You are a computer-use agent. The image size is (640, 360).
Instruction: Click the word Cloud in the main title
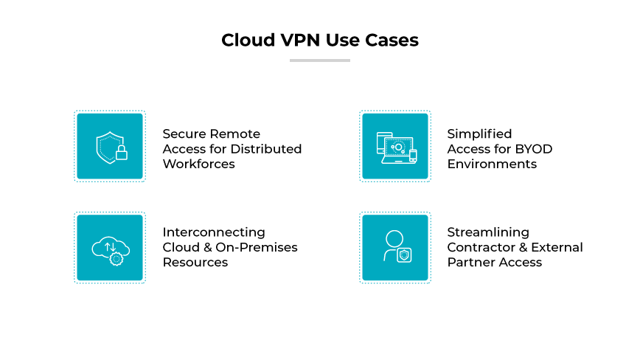(x=248, y=40)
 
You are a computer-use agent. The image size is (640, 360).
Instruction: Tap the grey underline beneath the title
(x=319, y=60)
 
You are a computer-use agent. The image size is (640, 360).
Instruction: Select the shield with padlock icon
(x=110, y=146)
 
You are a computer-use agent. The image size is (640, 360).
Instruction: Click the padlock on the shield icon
(x=122, y=153)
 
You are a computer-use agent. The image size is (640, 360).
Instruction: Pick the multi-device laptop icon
(x=395, y=146)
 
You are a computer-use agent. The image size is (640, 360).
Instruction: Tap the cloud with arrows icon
(x=110, y=248)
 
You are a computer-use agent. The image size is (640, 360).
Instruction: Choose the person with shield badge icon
(x=395, y=248)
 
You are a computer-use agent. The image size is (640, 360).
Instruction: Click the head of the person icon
(x=394, y=239)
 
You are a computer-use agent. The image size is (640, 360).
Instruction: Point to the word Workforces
(x=198, y=164)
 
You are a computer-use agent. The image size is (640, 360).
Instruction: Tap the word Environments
(x=492, y=164)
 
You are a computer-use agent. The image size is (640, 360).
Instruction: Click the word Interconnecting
(x=214, y=232)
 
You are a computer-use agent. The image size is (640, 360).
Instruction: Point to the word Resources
(x=195, y=262)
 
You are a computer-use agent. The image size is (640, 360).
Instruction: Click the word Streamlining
(x=488, y=232)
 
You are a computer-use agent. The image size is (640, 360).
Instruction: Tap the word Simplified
(x=479, y=134)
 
